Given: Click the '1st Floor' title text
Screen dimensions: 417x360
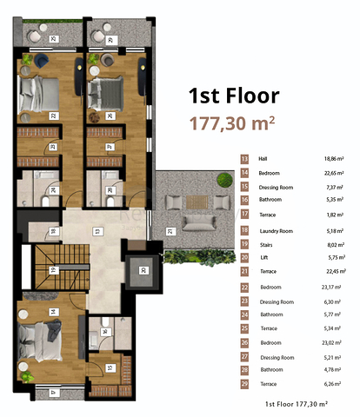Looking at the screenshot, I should [234, 96].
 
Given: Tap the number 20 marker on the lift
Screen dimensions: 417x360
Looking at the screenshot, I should [143, 270].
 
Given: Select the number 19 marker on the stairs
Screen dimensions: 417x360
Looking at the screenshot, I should [52, 270].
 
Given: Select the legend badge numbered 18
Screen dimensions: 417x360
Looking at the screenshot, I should [244, 230].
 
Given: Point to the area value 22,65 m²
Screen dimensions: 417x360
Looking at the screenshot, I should [330, 173].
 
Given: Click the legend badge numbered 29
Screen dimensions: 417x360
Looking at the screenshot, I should [244, 383].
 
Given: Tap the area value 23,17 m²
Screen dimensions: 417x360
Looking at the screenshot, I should [330, 286].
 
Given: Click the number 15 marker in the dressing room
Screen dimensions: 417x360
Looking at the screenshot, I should [109, 367].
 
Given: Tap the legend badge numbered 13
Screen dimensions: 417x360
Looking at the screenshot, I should [244, 159].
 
